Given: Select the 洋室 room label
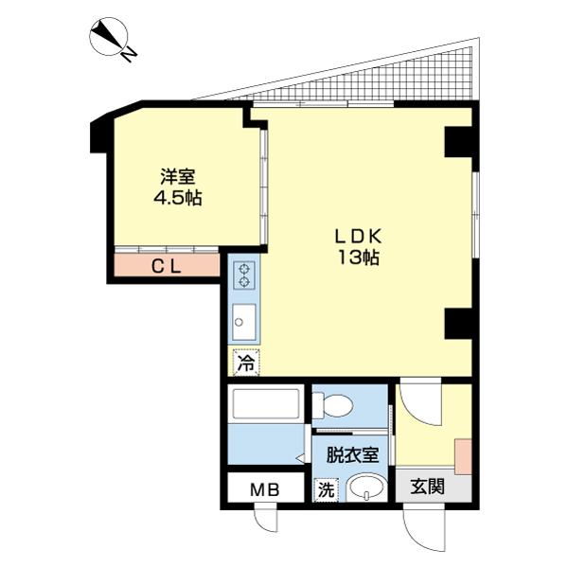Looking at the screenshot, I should (x=177, y=177).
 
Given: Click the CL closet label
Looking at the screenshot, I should (x=168, y=267).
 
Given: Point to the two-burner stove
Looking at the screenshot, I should (x=244, y=275).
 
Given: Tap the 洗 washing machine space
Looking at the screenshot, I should (x=325, y=490).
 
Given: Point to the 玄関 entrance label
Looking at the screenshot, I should (x=428, y=488).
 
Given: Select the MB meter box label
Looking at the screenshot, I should (x=264, y=490).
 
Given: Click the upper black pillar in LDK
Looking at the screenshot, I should (x=458, y=142).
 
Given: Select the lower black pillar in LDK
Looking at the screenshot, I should (x=458, y=324).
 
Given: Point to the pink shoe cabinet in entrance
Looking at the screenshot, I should (x=462, y=456).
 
